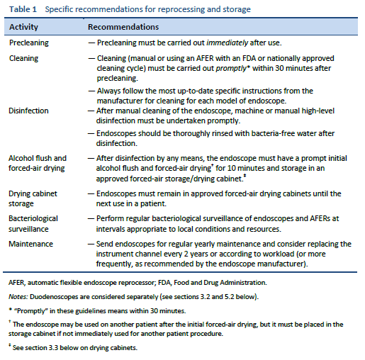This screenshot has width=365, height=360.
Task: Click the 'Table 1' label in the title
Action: pyautogui.click(x=21, y=9)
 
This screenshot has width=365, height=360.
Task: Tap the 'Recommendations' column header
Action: pyautogui.click(x=123, y=26)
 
